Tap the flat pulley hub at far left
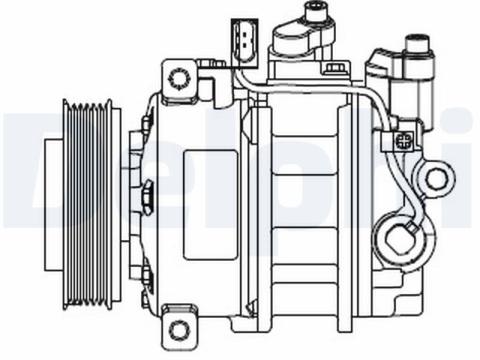pyautogui.click(x=53, y=205)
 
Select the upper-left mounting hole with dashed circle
pyautogui.click(x=180, y=79)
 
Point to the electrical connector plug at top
pyautogui.click(x=245, y=43)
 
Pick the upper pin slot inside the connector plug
pyautogui.click(x=245, y=34)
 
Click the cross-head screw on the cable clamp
pyautogui.click(x=404, y=140)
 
